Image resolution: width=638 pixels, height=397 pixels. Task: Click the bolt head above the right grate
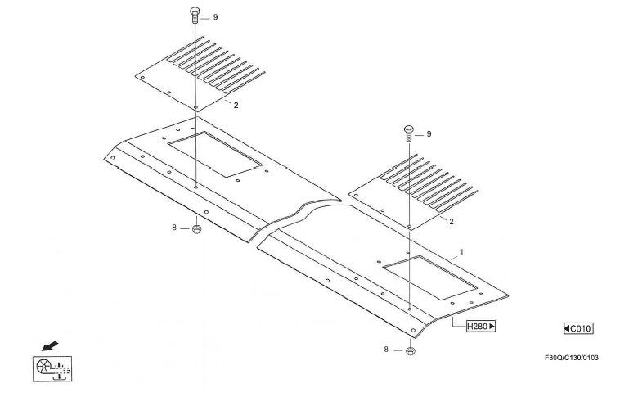point(408,130)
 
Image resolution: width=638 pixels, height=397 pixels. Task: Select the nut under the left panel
point(197,229)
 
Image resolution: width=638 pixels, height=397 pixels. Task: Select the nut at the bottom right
point(409,351)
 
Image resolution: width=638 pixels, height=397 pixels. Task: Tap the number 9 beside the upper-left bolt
point(215,16)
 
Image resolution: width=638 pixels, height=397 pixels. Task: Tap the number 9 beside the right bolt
point(429,133)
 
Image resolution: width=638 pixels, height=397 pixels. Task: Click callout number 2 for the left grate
point(236,105)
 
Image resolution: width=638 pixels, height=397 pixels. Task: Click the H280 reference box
point(481,327)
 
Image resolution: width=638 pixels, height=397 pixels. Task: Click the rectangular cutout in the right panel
point(430,276)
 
